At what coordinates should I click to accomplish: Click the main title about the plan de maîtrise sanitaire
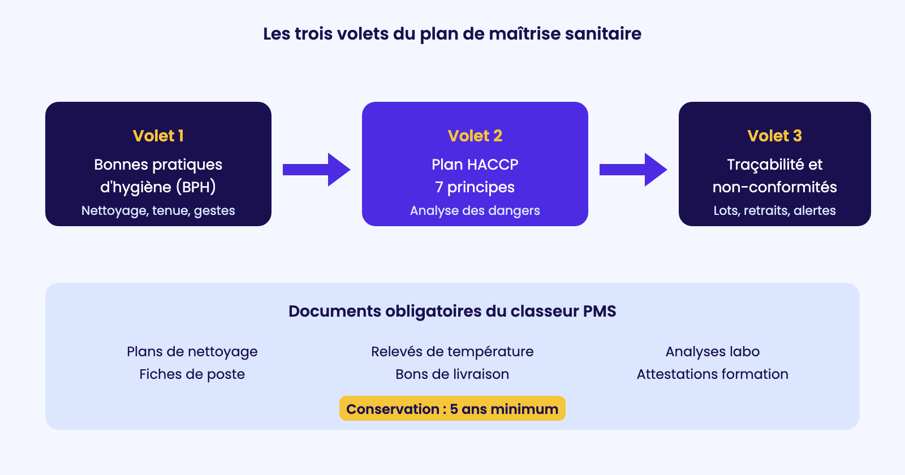point(452,34)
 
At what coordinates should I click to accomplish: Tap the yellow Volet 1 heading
point(158,136)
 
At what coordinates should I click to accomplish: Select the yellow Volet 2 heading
point(475,136)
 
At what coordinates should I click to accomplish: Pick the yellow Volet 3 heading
point(774,136)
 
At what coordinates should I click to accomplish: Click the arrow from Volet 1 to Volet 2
point(316,170)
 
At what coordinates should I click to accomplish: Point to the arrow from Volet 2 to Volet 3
point(633,170)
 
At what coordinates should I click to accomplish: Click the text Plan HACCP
point(475,165)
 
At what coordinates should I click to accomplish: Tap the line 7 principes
point(475,187)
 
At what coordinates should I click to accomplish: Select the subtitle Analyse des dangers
point(475,210)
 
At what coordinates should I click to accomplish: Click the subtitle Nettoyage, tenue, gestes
point(158,210)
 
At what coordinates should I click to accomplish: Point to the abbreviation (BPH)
point(196,187)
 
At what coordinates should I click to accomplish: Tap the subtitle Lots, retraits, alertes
point(774,210)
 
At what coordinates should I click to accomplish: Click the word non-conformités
point(774,187)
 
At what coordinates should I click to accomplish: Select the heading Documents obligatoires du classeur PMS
point(452,312)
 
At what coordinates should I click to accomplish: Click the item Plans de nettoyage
point(192,352)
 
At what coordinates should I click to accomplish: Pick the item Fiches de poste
point(192,374)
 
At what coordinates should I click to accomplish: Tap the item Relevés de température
point(452,352)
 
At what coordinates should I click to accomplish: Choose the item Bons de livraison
point(452,374)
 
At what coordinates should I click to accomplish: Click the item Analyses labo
point(712,352)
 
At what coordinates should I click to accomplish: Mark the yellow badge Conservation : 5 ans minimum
point(452,408)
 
